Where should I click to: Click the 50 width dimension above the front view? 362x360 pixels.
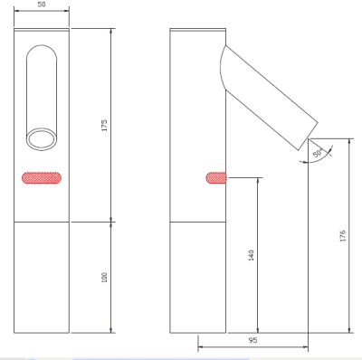click(x=43, y=5)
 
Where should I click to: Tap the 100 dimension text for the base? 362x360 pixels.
click(x=104, y=279)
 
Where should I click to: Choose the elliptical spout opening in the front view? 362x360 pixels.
click(x=43, y=137)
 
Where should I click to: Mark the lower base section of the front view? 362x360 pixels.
click(x=43, y=276)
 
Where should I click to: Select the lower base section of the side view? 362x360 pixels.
click(x=198, y=276)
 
